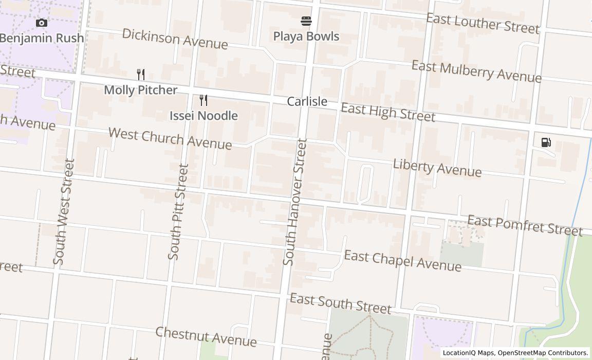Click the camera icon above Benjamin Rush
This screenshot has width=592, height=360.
tap(42, 23)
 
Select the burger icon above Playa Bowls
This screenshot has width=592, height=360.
tap(306, 21)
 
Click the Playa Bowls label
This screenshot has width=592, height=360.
tap(306, 37)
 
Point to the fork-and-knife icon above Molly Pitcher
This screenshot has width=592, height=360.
tap(141, 75)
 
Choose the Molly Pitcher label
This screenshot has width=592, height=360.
tap(141, 90)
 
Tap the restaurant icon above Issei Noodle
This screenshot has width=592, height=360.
tap(203, 100)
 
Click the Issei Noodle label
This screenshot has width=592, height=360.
tap(203, 116)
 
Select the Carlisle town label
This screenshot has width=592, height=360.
tap(307, 101)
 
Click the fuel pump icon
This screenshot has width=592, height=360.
tap(546, 142)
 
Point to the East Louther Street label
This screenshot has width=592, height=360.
tap(483, 23)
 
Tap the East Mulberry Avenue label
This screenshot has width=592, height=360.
tap(476, 71)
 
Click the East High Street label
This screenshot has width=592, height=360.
tap(388, 112)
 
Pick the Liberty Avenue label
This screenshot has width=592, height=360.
tap(437, 168)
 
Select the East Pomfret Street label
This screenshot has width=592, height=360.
tap(525, 226)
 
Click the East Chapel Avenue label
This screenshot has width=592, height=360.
tap(402, 260)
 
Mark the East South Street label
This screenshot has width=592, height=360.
tap(340, 303)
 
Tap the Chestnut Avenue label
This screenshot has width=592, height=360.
tap(206, 336)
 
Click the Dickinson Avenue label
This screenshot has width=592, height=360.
tap(175, 39)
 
